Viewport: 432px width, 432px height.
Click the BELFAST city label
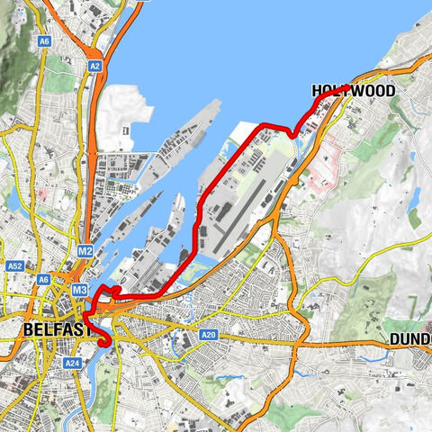point(58,330)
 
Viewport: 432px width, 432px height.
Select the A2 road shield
point(94,66)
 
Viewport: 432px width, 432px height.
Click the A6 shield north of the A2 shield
point(45,40)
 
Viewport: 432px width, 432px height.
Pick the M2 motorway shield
point(85,249)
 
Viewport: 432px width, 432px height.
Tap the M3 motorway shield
point(79,290)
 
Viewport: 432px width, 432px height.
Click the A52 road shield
point(14,266)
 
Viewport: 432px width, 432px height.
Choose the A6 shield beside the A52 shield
point(44,280)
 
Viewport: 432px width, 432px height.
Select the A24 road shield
point(72,363)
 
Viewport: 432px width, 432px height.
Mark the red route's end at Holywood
point(348,86)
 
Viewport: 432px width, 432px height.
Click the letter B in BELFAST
point(29,330)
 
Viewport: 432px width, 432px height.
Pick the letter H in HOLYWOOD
point(318,91)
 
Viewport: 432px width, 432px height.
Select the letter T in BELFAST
point(88,330)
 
